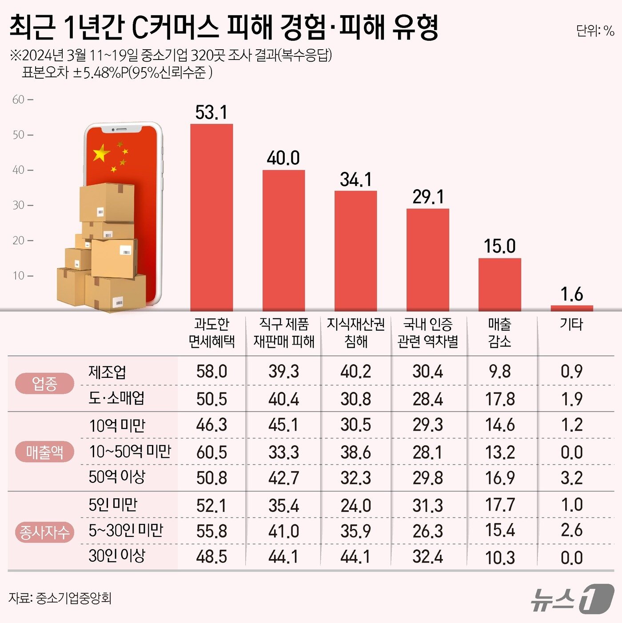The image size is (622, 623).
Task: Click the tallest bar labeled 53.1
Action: pyautogui.click(x=211, y=218)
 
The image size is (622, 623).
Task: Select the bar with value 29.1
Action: pyautogui.click(x=427, y=260)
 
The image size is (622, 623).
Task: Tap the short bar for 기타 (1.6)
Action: pyautogui.click(x=571, y=308)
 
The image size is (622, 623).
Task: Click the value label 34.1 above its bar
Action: pyautogui.click(x=355, y=180)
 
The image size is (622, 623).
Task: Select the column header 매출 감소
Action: pyautogui.click(x=499, y=333)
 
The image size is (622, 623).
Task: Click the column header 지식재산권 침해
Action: pyautogui.click(x=355, y=333)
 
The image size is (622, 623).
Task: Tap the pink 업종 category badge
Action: pyautogui.click(x=44, y=384)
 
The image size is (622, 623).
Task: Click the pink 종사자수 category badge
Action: pyautogui.click(x=44, y=532)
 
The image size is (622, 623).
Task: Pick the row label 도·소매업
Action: pyautogui.click(x=116, y=398)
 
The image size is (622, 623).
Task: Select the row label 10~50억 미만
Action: pyautogui.click(x=130, y=452)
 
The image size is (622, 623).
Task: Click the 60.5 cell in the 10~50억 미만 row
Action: pyautogui.click(x=211, y=452)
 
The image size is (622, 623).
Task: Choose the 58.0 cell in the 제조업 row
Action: pyautogui.click(x=211, y=372)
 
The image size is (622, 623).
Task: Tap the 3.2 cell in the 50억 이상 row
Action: pyautogui.click(x=571, y=478)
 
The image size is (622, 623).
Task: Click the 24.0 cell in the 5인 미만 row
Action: pyautogui.click(x=355, y=506)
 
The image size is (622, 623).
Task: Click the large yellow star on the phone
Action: pyautogui.click(x=101, y=153)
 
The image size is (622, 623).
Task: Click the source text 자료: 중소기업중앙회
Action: pyautogui.click(x=60, y=598)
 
